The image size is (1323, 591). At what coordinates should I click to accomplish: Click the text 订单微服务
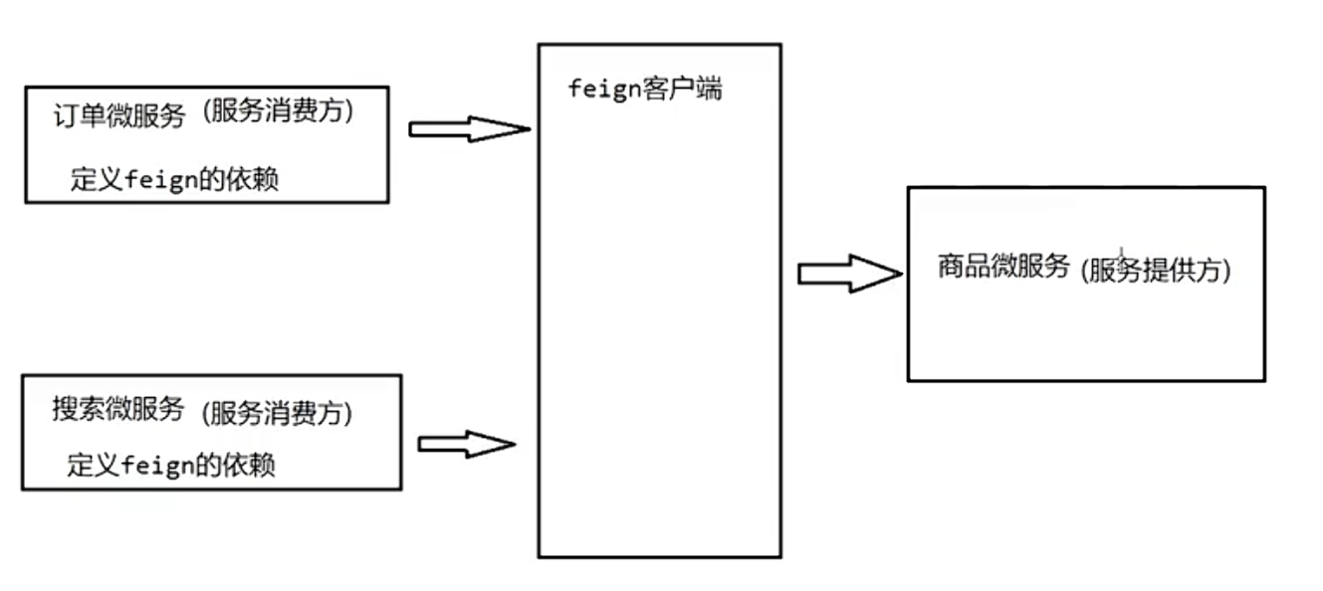click(119, 115)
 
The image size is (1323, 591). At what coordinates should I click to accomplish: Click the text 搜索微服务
click(118, 408)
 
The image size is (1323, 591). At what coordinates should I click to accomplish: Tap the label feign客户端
click(645, 90)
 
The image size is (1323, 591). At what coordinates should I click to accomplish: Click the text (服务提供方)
click(1156, 270)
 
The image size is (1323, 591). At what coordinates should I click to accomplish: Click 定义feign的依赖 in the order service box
click(174, 180)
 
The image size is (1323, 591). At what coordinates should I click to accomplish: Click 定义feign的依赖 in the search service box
click(171, 466)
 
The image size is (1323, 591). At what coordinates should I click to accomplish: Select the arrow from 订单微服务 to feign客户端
click(469, 128)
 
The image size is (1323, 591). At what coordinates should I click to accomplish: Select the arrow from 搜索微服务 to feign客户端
click(466, 444)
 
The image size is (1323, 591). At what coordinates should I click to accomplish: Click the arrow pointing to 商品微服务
click(849, 274)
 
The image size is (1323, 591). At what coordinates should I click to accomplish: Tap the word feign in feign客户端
click(602, 90)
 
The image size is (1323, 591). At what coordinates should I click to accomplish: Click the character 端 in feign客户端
click(709, 90)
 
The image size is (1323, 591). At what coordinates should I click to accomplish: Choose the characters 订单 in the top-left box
click(76, 115)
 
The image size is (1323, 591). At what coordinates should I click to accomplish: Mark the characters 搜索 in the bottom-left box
click(75, 408)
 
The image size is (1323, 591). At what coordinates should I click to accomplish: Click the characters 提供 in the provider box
click(1167, 270)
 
